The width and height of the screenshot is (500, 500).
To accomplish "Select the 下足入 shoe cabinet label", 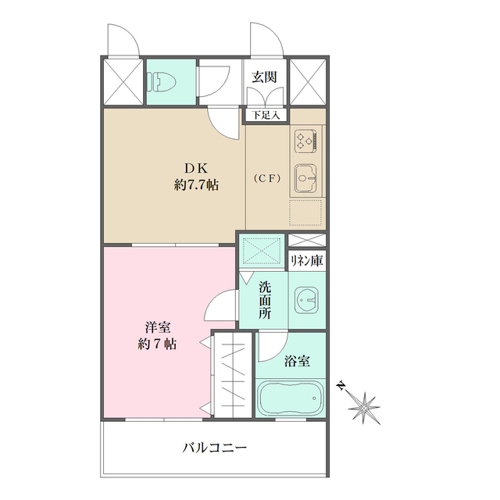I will (266, 115).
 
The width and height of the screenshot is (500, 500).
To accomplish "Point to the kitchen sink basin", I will (305, 180).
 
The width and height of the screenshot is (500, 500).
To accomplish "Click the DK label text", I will (196, 168).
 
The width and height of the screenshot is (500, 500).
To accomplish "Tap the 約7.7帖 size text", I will (196, 186).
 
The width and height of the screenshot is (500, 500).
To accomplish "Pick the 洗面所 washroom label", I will (265, 299).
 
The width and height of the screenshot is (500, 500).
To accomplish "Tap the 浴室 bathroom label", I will (297, 361).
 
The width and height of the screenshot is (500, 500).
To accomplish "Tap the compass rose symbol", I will (363, 407).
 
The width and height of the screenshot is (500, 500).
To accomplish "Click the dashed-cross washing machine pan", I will (261, 252).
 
